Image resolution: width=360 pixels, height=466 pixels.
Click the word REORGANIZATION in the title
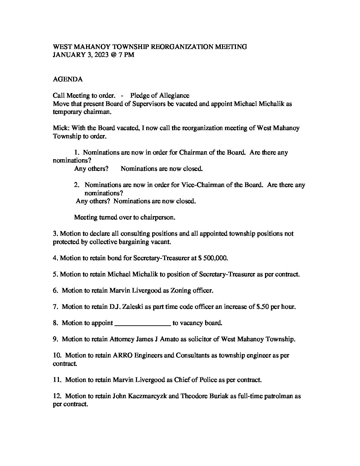click(x=182, y=47)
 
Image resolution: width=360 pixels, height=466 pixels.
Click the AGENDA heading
click(x=68, y=79)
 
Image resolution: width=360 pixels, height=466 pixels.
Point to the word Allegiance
click(x=174, y=96)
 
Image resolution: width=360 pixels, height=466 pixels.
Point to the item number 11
click(x=57, y=380)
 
